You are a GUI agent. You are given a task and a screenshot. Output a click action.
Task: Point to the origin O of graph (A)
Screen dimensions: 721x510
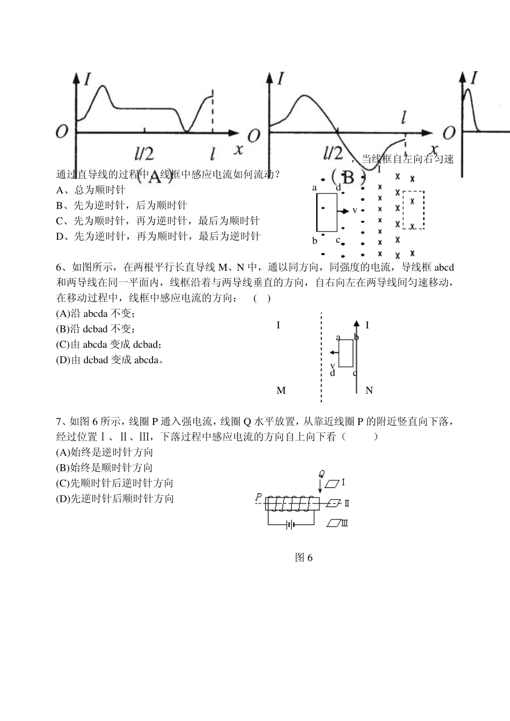(x=62, y=131)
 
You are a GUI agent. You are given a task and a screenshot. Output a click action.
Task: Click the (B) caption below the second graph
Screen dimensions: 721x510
(x=348, y=176)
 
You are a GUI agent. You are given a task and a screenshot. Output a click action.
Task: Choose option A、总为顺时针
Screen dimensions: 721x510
(x=91, y=190)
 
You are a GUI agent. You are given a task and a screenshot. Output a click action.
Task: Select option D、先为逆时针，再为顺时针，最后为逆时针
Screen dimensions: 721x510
(x=158, y=236)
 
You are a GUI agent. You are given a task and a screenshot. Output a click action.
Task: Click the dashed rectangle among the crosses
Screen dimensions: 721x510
(x=413, y=210)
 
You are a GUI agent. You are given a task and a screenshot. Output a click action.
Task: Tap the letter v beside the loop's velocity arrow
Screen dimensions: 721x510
(x=355, y=210)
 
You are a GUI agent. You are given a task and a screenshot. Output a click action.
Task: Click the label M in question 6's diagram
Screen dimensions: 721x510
(x=281, y=391)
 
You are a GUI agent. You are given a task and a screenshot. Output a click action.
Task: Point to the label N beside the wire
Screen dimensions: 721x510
(x=369, y=391)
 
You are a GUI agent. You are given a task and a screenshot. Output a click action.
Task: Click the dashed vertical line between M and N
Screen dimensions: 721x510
(x=321, y=357)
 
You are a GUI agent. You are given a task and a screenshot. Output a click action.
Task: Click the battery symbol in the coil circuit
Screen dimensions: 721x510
(x=290, y=524)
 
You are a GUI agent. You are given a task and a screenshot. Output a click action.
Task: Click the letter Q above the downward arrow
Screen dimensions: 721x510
(x=322, y=473)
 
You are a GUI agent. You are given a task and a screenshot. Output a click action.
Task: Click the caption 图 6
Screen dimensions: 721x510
(x=304, y=558)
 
